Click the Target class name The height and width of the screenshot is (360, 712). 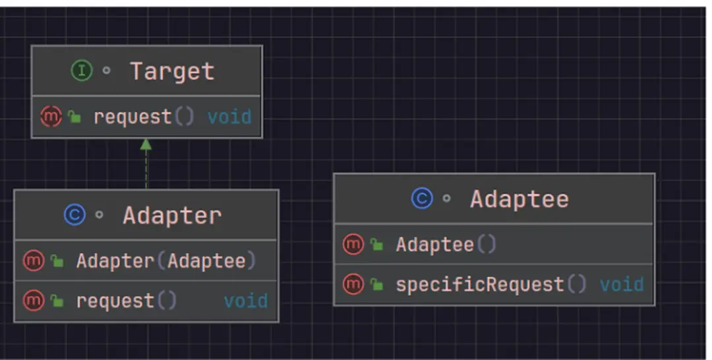(171, 71)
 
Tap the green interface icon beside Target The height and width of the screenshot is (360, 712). (81, 71)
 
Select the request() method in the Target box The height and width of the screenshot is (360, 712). (144, 117)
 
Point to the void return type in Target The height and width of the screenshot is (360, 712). (229, 117)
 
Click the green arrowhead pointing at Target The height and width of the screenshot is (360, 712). (146, 144)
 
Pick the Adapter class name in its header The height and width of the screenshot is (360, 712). (171, 216)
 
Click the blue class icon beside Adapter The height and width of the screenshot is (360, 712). (74, 215)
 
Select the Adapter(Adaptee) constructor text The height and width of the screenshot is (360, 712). (165, 260)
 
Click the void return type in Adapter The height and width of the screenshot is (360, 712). (245, 301)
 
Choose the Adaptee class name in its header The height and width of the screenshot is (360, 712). (519, 198)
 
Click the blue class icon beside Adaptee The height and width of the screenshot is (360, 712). (422, 198)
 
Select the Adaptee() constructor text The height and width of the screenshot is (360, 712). (446, 245)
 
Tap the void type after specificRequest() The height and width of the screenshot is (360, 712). (621, 284)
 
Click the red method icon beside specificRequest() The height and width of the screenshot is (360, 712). (353, 284)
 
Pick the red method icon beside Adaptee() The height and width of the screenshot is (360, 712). (353, 245)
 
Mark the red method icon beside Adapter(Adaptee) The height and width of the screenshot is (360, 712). (33, 260)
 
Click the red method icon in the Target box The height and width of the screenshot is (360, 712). (51, 117)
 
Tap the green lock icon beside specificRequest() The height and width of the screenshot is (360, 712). (376, 285)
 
